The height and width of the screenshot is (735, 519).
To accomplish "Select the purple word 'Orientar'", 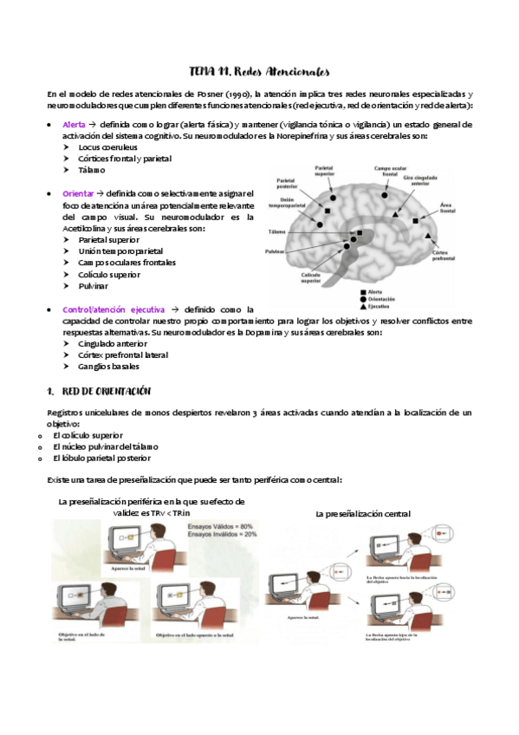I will (80, 193).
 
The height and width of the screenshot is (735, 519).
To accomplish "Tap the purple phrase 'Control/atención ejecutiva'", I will (113, 309).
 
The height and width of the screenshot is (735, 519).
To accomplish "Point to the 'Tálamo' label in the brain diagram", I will (277, 232).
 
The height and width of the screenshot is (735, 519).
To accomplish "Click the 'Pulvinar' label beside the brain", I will (276, 251).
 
